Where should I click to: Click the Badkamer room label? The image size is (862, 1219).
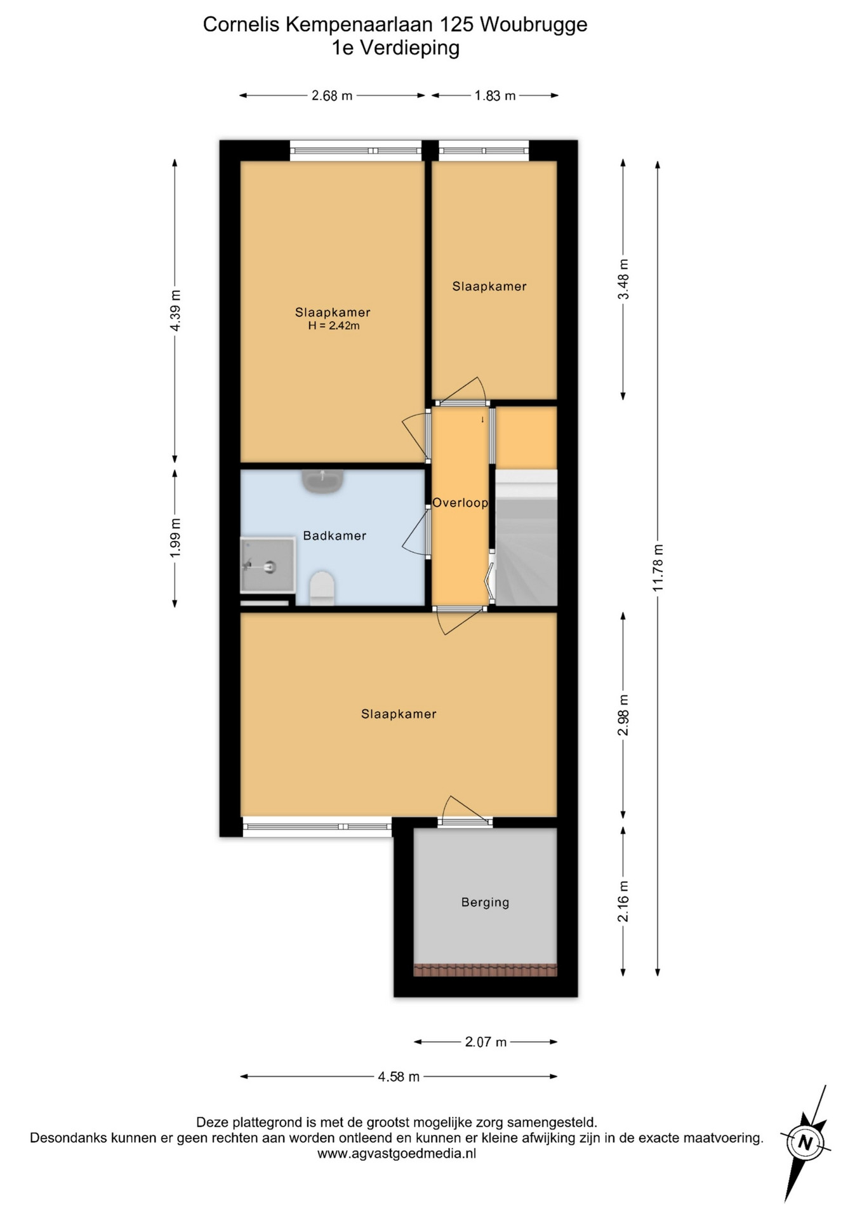coord(335,536)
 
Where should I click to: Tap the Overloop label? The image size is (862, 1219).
coord(460,503)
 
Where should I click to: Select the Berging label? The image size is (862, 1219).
coord(485,902)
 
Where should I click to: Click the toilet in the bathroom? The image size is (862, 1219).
coord(322,588)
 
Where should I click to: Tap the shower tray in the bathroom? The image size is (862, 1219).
coord(267,565)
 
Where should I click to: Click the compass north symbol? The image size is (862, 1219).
coord(806,1142)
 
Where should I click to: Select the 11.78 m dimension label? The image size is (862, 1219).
coord(658,568)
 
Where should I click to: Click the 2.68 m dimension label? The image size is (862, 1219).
coord(332,96)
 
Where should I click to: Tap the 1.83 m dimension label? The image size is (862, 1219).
coord(495,96)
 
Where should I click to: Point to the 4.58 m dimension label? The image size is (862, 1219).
coord(399,1077)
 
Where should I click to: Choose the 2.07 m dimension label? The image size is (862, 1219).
coord(486,1042)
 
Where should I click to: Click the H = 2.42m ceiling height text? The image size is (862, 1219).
coord(334,326)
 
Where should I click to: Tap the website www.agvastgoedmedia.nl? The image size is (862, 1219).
coord(397,1154)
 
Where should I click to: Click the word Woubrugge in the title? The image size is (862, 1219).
coord(534,25)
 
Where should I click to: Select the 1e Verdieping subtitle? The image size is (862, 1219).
coord(395,48)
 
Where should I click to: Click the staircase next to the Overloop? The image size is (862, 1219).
coord(526,538)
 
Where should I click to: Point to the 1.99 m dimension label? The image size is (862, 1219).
coord(175,538)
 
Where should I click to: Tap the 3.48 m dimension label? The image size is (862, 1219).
coord(623,279)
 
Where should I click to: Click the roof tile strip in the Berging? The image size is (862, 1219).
coord(485,970)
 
